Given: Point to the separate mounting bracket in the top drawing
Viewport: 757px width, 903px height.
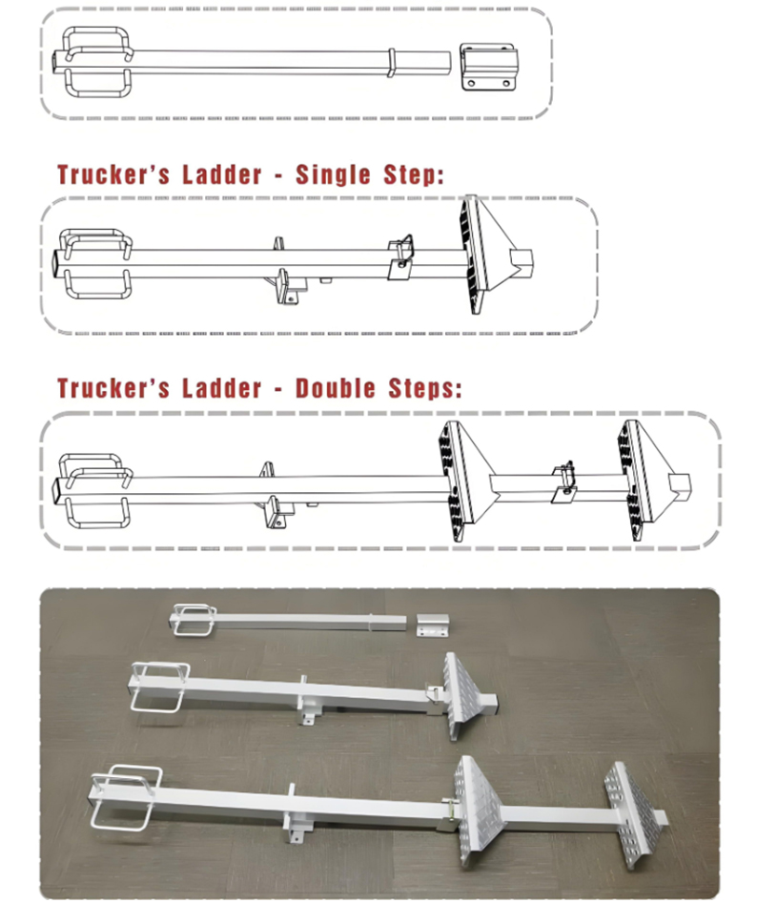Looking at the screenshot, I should coord(489,67).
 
